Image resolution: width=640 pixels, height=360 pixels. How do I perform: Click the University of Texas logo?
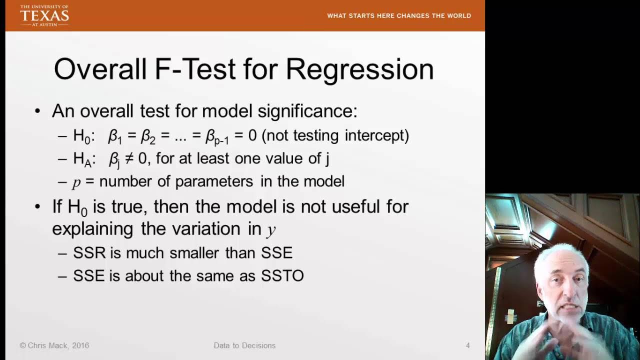click(x=44, y=15)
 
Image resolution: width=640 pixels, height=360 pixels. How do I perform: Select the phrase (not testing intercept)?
click(x=335, y=135)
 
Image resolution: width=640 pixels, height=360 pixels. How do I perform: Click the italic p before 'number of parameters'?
click(x=76, y=182)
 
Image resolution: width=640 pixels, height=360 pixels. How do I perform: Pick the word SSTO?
click(x=282, y=275)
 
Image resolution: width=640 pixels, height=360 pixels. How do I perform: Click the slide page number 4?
click(x=467, y=345)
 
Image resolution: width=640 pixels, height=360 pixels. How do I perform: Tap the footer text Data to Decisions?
click(x=244, y=345)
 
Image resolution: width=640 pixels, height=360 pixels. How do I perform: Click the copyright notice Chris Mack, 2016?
click(x=54, y=345)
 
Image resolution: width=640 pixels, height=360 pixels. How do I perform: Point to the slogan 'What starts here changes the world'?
click(x=399, y=16)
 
